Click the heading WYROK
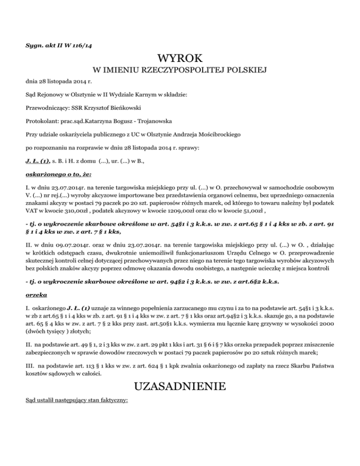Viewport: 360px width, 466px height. (180, 60)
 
